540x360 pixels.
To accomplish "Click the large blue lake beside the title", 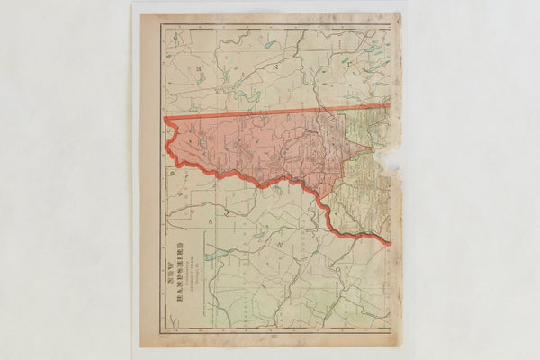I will click(209, 256).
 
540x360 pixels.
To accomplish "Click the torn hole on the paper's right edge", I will click(390, 159).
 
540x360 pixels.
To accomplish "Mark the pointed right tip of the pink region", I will click(370, 147).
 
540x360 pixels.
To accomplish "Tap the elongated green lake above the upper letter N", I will click(269, 44).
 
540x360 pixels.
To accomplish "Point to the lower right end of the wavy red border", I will click(389, 243).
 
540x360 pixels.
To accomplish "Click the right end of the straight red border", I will click(389, 106).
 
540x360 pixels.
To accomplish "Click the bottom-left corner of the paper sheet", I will click(140, 346).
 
